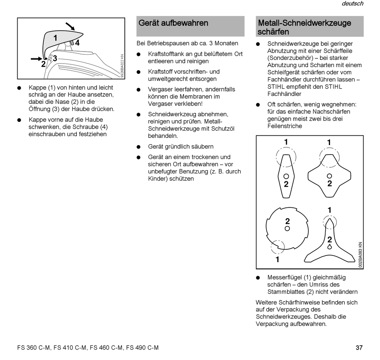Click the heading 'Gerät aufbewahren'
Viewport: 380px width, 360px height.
pos(173,23)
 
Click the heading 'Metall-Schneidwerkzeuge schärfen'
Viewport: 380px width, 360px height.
pos(304,27)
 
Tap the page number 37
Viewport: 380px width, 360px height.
pos(359,348)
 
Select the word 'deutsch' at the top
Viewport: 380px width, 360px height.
pos(352,4)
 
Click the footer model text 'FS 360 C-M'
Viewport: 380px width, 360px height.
pos(34,348)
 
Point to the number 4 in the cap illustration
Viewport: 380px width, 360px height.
pos(77,43)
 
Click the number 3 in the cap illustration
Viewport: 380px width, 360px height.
pos(55,58)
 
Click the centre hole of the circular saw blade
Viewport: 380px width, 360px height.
pos(287,228)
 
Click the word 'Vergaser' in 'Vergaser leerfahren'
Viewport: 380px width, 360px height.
pos(159,90)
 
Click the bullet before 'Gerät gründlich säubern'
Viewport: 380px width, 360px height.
pos(138,147)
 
